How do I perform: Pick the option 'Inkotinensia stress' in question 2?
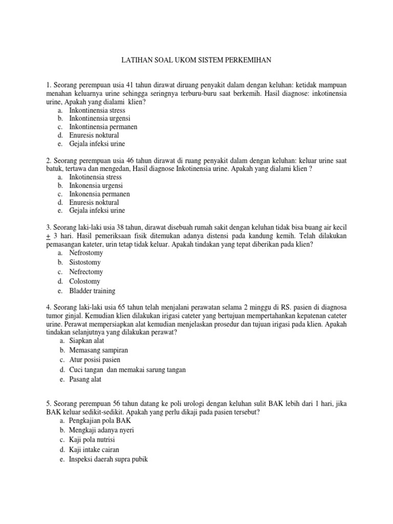click(x=95, y=177)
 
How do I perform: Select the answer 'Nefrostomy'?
click(x=86, y=253)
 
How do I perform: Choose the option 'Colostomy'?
click(x=84, y=281)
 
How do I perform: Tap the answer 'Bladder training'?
click(x=92, y=291)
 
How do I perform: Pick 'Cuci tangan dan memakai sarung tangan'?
click(x=127, y=369)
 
